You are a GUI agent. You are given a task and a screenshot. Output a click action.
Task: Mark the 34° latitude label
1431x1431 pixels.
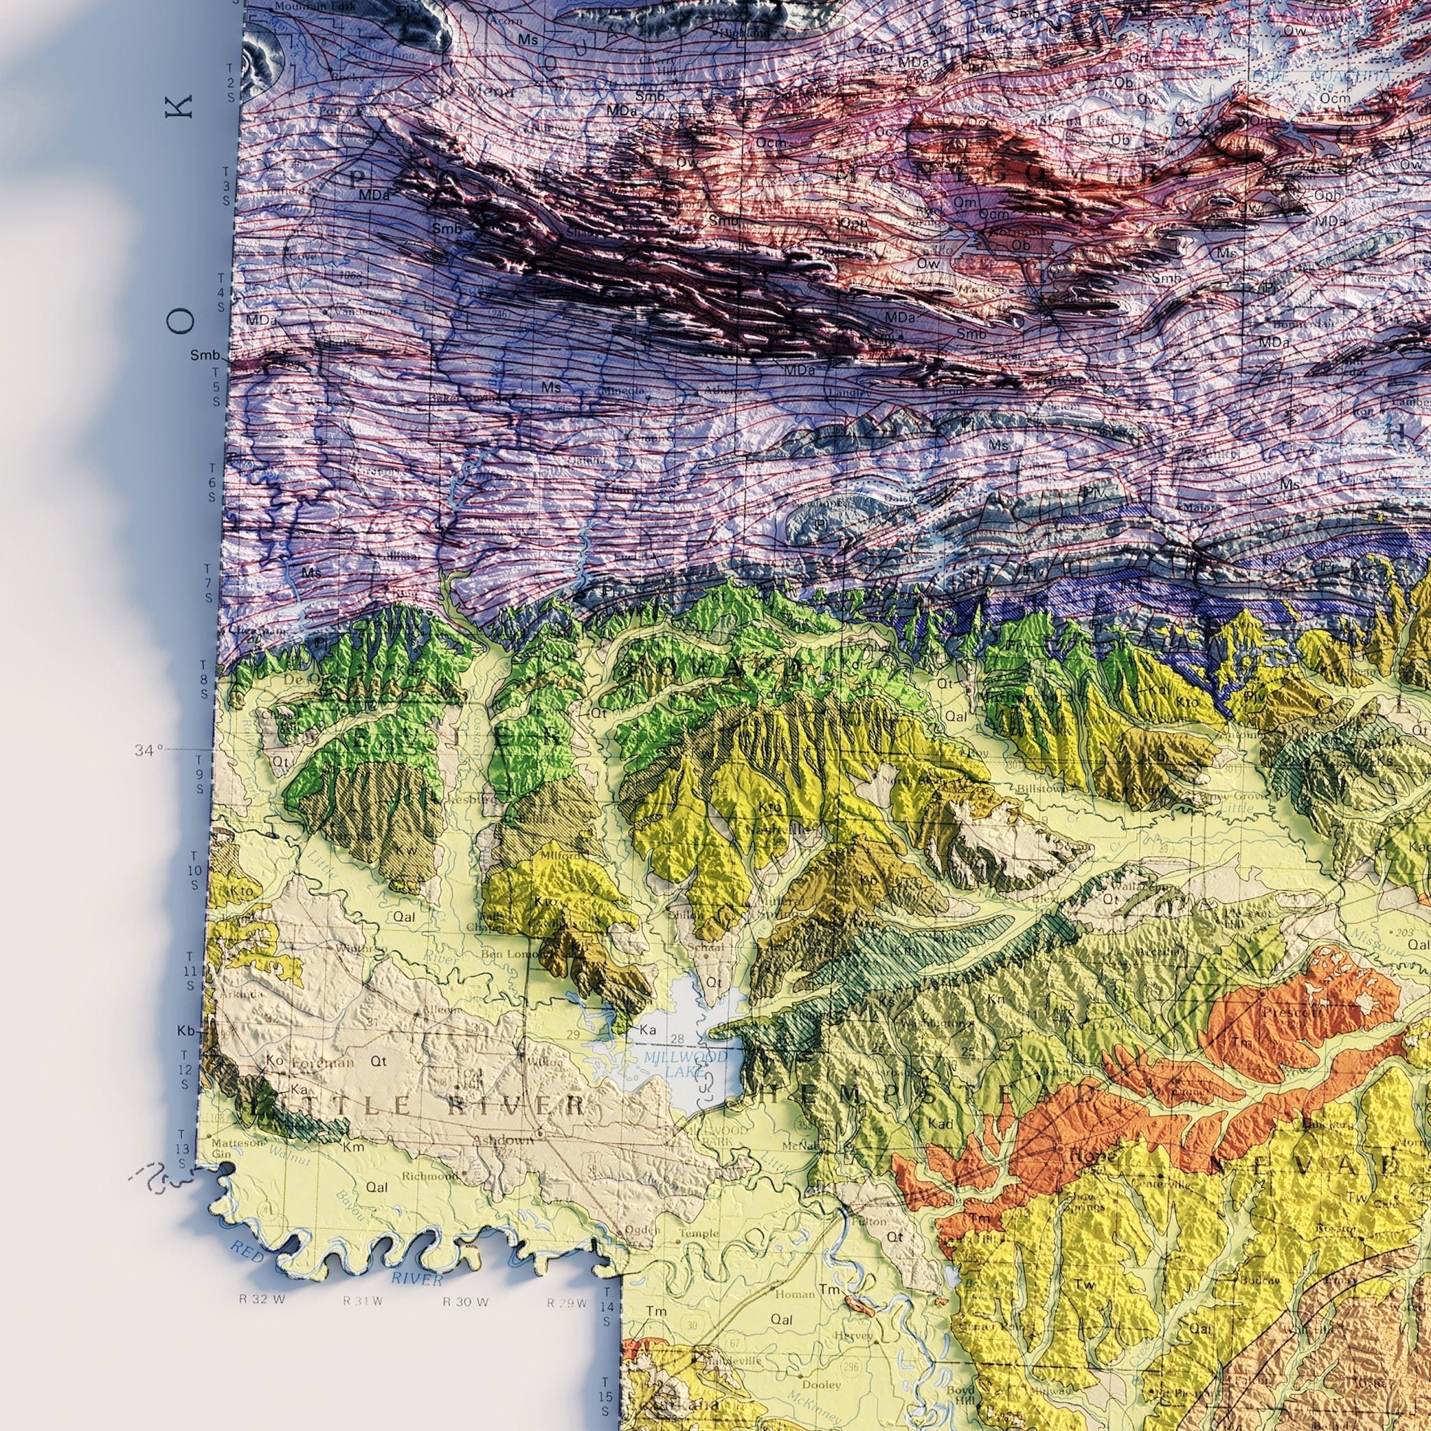(148, 751)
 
